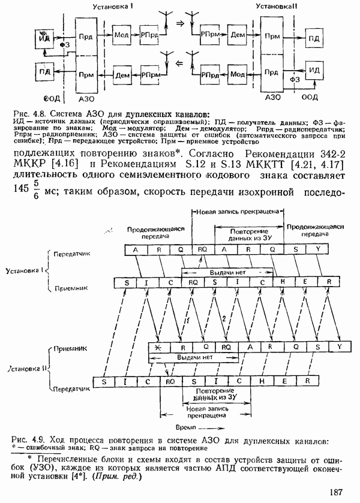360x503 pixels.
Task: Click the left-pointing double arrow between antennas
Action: (178, 61)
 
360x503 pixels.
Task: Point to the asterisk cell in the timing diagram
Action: (158, 347)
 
